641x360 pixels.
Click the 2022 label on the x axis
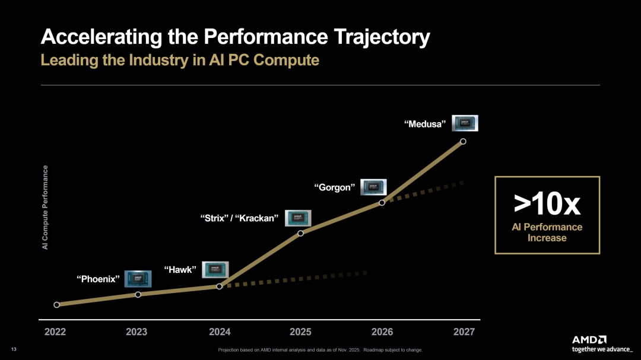pos(56,332)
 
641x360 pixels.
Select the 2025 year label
pos(300,332)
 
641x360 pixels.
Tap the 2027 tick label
pos(464,332)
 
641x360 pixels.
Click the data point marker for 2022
pos(56,305)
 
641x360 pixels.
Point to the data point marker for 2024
pos(219,286)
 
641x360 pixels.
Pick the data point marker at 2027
pos(463,141)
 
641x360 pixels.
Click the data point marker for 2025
pos(300,233)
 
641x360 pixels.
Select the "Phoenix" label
pos(99,279)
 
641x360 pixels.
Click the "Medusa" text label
pos(425,124)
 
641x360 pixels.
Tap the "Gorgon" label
pos(334,187)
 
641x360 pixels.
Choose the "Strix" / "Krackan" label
pos(240,218)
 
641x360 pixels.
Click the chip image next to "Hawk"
pos(215,270)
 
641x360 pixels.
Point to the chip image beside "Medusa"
pos(465,123)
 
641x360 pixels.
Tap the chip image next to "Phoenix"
pos(138,279)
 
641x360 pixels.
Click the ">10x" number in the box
pos(547,204)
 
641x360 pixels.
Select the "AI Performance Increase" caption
pos(547,232)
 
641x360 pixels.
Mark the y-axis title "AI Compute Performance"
pos(45,207)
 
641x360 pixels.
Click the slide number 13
pos(14,349)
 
